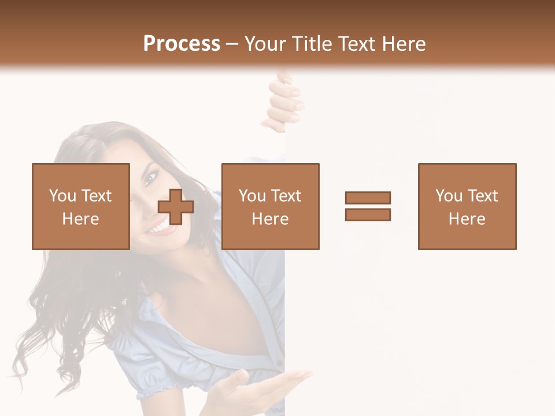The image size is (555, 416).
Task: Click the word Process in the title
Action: coord(182,44)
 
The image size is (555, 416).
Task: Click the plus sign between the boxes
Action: coord(176,207)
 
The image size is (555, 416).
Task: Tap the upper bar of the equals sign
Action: coord(368,198)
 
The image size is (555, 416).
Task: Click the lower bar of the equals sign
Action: coord(368,215)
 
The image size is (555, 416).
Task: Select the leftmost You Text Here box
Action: coord(81,206)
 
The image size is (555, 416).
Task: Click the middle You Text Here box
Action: coord(270,206)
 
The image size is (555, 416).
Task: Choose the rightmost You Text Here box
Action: coord(467,206)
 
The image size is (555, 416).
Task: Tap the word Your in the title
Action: coord(265,44)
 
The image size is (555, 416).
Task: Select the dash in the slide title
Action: coord(232,44)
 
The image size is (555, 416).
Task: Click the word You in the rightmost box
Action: coord(448,196)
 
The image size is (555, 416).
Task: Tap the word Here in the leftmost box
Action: coord(81,219)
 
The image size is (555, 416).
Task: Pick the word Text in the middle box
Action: coord(285,196)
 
